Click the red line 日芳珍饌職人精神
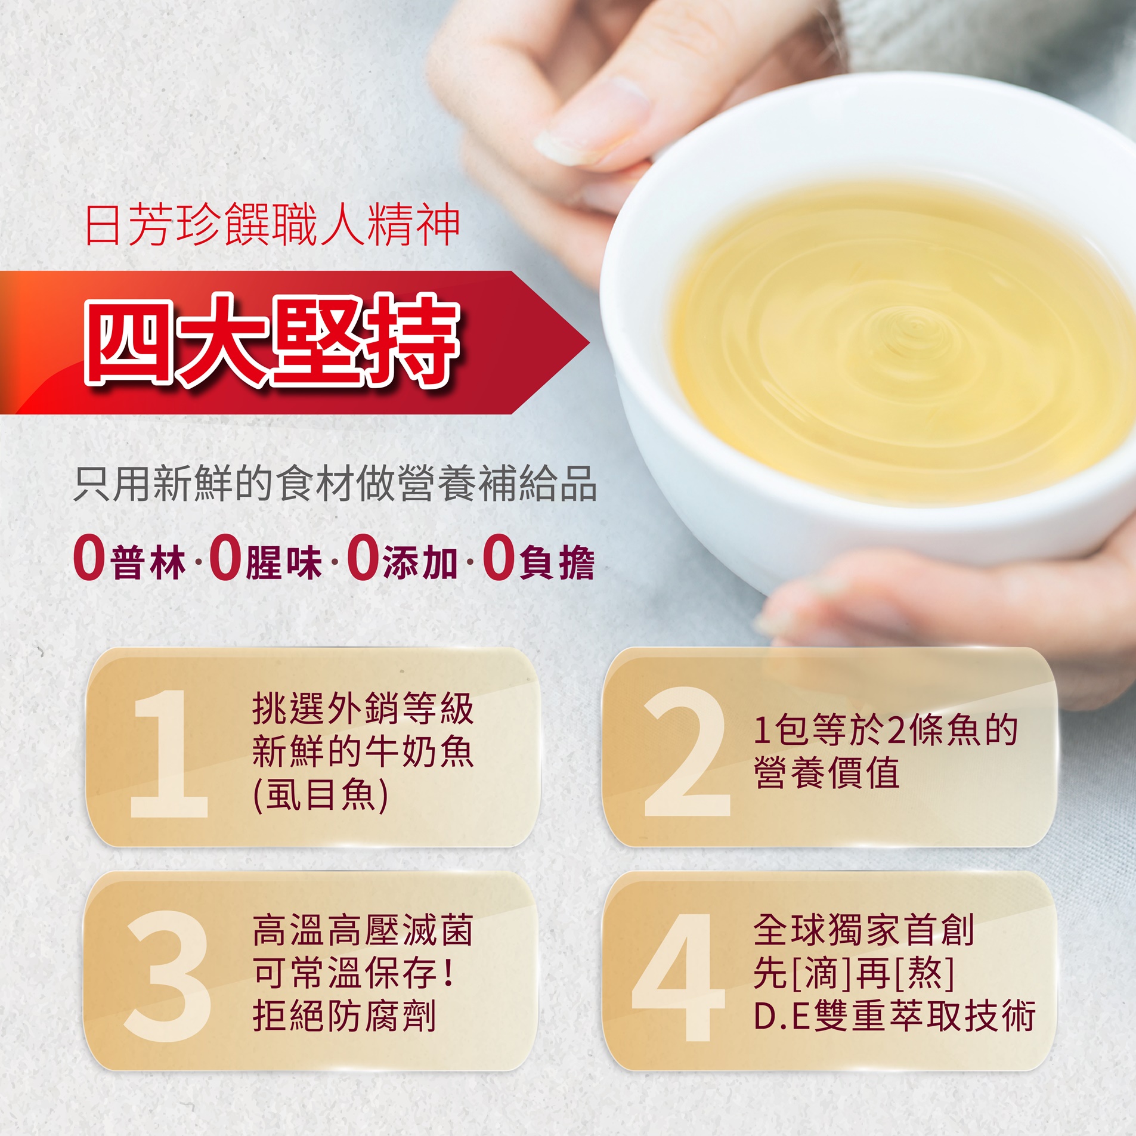tap(273, 225)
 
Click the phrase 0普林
tap(130, 559)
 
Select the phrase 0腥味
tap(266, 559)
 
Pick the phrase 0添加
tap(403, 559)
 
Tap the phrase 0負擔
tap(538, 559)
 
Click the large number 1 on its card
tap(168, 753)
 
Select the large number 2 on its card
tap(686, 751)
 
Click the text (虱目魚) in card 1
tap(321, 795)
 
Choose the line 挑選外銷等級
tap(363, 708)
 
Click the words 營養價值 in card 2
tap(827, 773)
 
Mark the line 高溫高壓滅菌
tap(363, 930)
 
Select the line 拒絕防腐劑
tap(345, 1016)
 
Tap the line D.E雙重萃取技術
tap(894, 1016)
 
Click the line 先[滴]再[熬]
tap(854, 973)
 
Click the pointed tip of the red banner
tap(589, 343)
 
